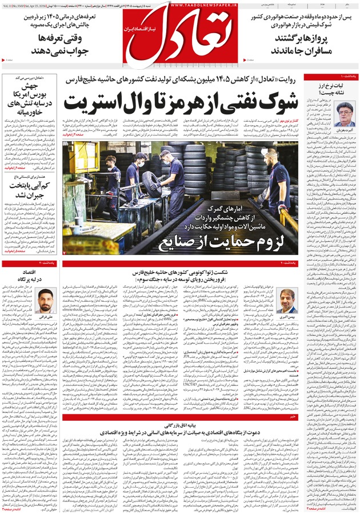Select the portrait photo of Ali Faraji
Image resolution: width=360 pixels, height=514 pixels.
[x=45, y=300]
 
